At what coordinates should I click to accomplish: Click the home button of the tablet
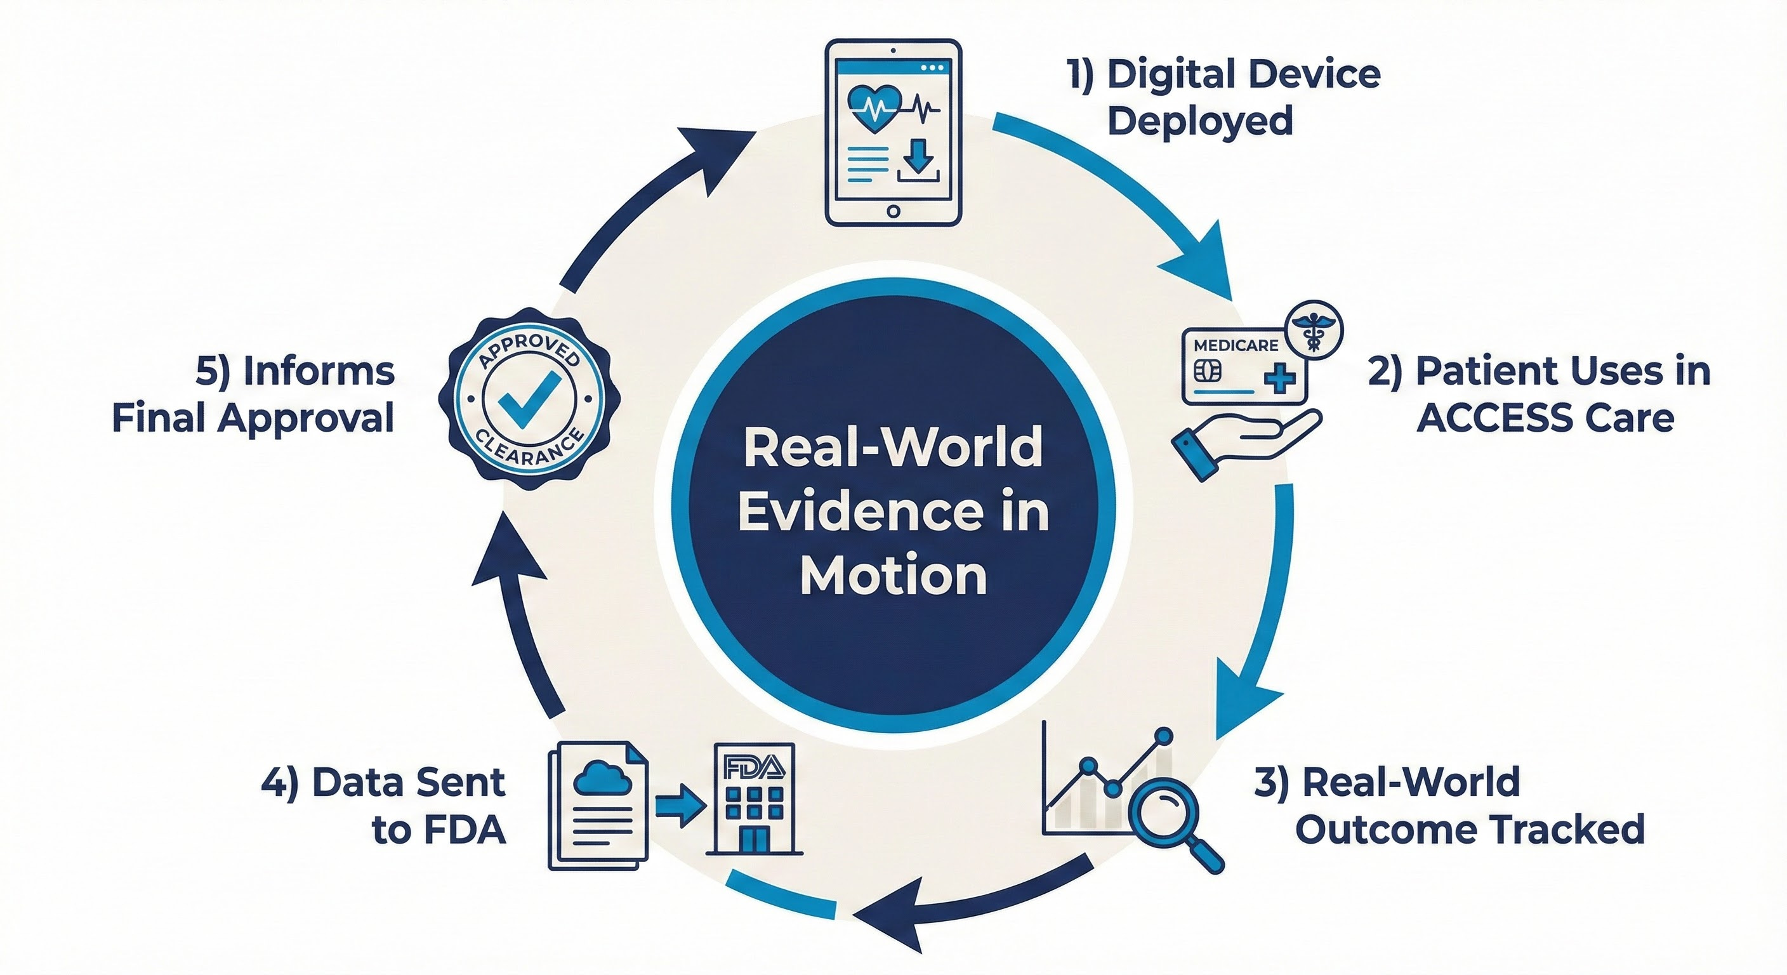point(894,211)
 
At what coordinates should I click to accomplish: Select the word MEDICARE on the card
point(1236,345)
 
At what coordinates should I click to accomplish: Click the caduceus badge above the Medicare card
point(1314,330)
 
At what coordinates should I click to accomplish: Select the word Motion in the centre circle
point(894,575)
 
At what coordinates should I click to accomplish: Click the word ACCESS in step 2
point(1484,418)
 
